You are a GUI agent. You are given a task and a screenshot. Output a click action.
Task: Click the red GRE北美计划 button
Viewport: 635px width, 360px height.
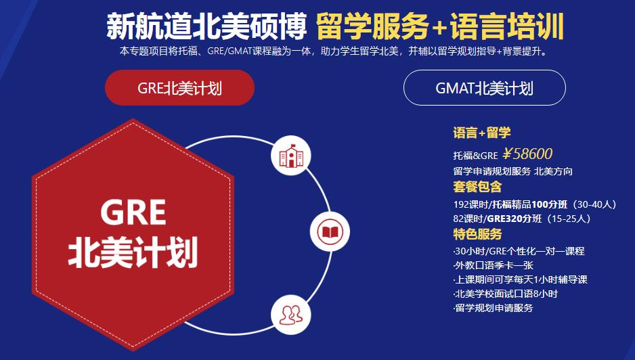(179, 88)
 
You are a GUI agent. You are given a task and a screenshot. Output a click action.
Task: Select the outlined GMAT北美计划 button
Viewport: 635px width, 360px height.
(484, 88)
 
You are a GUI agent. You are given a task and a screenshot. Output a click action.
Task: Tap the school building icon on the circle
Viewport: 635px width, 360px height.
(290, 156)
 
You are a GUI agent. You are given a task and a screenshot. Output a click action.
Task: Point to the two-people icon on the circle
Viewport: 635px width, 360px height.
(290, 313)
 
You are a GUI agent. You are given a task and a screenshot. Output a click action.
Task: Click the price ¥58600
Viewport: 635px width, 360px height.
(527, 154)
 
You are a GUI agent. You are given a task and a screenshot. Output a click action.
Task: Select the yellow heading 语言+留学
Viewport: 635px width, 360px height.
(481, 133)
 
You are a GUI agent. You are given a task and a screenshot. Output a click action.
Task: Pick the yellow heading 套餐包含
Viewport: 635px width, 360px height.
(477, 186)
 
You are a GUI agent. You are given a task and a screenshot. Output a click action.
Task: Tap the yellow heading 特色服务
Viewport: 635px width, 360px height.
(477, 235)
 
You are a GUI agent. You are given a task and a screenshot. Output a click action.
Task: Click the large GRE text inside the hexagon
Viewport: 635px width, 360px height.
(133, 212)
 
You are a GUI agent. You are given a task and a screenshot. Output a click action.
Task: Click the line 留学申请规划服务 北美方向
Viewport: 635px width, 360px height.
(512, 171)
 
